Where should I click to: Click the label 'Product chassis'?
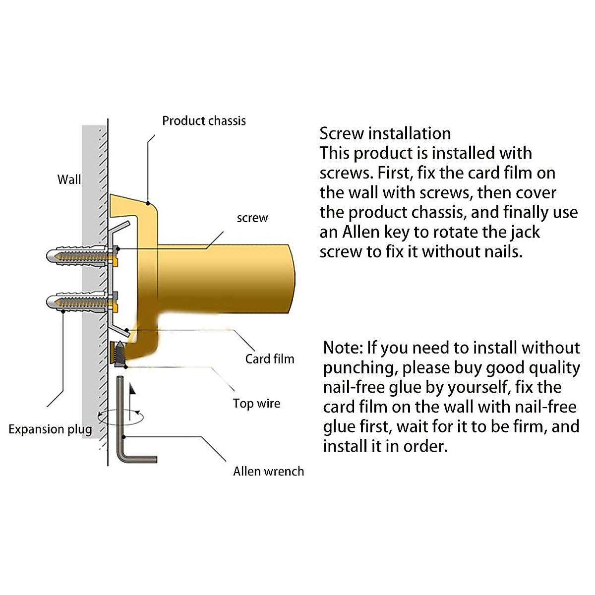(204, 120)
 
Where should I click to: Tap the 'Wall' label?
(69, 179)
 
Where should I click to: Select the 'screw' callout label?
(252, 218)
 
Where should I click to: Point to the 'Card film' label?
(269, 358)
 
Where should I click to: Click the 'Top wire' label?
(256, 403)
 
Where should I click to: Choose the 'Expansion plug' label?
(50, 429)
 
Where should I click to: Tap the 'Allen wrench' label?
(268, 471)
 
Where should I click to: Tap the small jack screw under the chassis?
(120, 355)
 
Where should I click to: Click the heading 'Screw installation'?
(385, 133)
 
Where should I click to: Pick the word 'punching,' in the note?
(360, 367)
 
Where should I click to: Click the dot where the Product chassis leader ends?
(148, 203)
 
